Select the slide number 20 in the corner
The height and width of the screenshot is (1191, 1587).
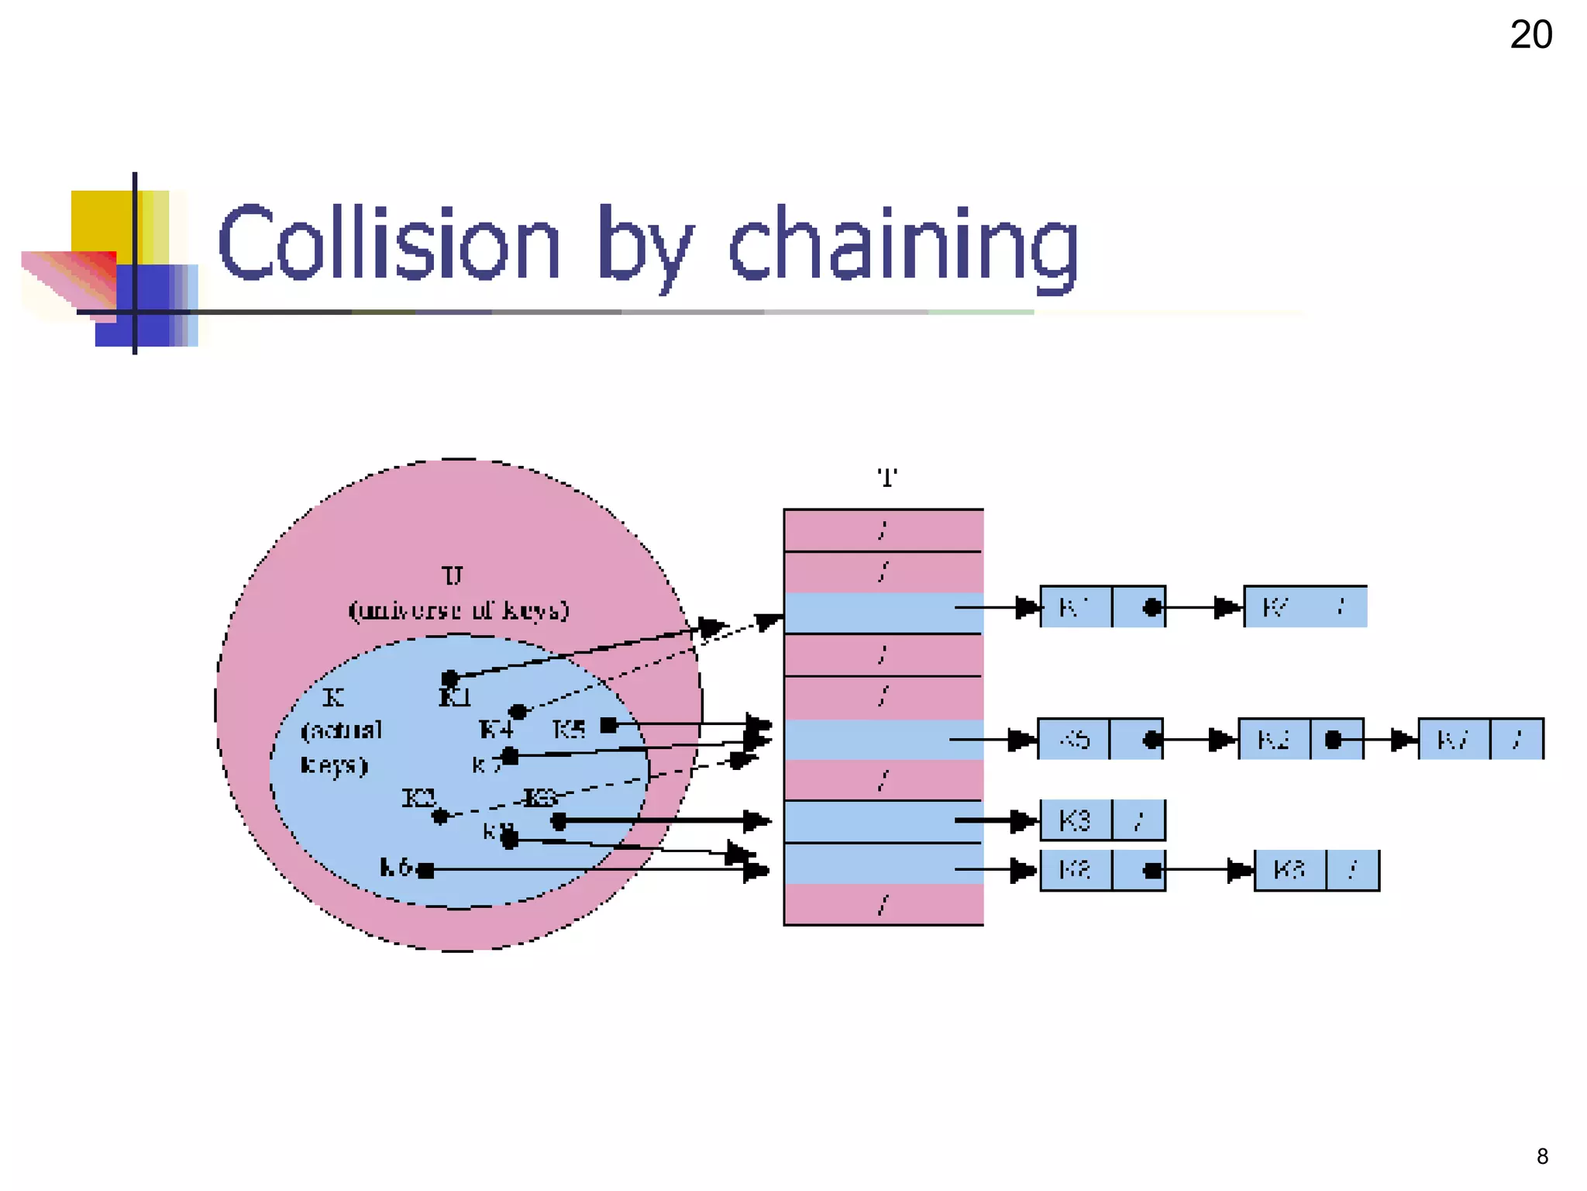pos(1530,35)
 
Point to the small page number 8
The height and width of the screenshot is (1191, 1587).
pos(1542,1156)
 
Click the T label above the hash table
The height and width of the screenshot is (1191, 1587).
pos(886,478)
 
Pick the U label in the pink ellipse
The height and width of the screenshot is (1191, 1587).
pos(453,575)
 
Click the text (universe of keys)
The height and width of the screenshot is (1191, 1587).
pos(459,610)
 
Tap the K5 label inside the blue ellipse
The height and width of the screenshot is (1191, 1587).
pos(569,729)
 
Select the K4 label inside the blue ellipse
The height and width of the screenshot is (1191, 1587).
pos(496,729)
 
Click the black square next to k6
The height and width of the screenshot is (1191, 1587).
pos(425,870)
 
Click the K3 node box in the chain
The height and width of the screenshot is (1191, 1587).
pos(1075,820)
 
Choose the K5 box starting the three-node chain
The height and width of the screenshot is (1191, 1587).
pos(1074,739)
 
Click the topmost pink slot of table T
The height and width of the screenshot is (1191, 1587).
pos(883,530)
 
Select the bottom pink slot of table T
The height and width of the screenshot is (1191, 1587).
pos(883,904)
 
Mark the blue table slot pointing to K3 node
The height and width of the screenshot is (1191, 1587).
pos(883,820)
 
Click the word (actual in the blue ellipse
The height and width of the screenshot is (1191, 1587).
pos(342,730)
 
